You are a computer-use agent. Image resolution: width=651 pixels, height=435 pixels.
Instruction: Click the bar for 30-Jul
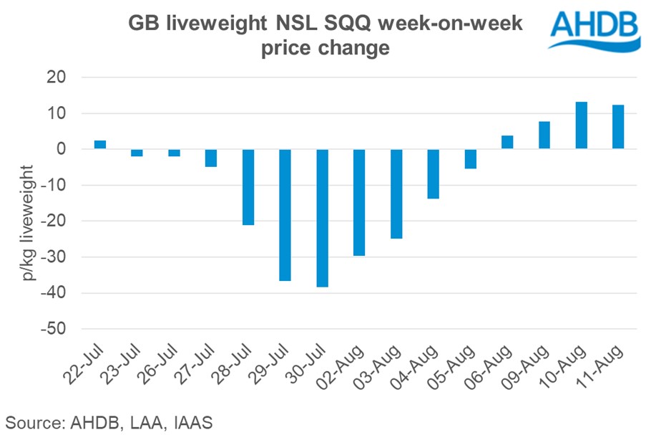322,218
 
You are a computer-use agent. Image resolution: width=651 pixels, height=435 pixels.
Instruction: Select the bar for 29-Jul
285,215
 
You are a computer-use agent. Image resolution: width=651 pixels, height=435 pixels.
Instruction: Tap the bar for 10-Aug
582,125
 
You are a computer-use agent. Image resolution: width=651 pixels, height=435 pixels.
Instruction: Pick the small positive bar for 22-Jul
100,145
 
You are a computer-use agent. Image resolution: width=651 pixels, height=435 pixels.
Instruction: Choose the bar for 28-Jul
248,187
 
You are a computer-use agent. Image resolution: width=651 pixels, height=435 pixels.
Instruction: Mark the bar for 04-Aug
433,173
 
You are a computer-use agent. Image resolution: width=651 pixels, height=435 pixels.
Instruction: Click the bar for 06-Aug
507,142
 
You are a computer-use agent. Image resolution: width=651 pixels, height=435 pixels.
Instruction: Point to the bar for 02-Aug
359,202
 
